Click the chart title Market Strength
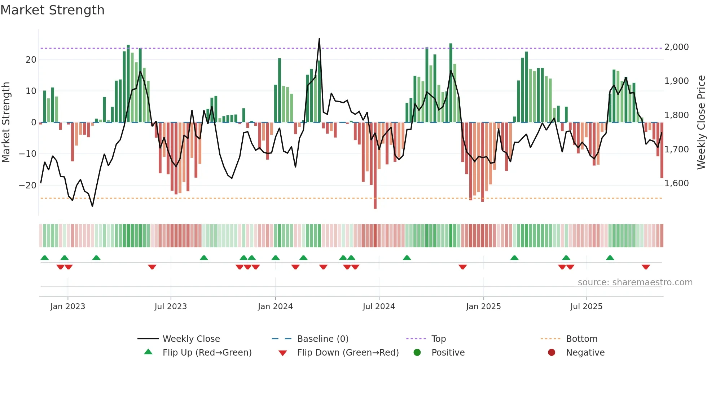pyautogui.click(x=52, y=10)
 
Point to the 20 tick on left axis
pyautogui.click(x=31, y=60)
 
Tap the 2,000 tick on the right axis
pyautogui.click(x=676, y=47)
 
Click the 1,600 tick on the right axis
pyautogui.click(x=676, y=183)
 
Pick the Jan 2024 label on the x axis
pyautogui.click(x=275, y=307)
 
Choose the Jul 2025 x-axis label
pyautogui.click(x=586, y=307)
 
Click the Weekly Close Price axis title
pyautogui.click(x=701, y=122)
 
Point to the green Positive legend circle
pyautogui.click(x=417, y=353)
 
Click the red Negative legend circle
pyautogui.click(x=552, y=353)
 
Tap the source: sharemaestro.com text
pyautogui.click(x=635, y=282)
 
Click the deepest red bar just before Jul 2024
pyautogui.click(x=375, y=166)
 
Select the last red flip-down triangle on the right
pyautogui.click(x=646, y=267)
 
